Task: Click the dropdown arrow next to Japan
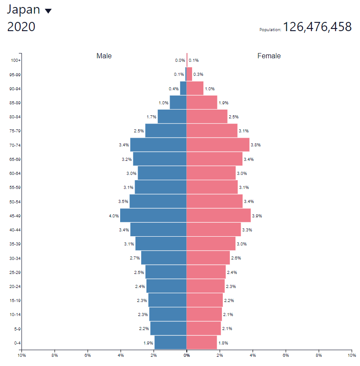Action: tap(48, 11)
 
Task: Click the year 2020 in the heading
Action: tap(21, 27)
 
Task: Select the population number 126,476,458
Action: tap(317, 27)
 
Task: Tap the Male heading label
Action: tap(104, 56)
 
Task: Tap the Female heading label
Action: tap(269, 56)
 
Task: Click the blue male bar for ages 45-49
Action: tap(153, 215)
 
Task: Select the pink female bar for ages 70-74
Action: tap(218, 145)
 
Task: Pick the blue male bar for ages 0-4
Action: tap(170, 343)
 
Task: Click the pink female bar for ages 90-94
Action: tap(195, 88)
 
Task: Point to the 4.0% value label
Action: tap(114, 216)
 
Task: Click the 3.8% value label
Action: tap(256, 145)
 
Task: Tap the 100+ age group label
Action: tap(16, 60)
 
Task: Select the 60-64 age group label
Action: tap(15, 174)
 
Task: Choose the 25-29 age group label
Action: tap(15, 272)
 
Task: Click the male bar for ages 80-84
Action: tap(172, 117)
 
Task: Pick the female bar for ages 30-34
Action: tap(208, 258)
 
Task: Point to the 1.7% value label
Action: tap(152, 117)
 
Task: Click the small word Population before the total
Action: tap(270, 30)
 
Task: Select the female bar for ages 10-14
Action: tap(204, 314)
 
